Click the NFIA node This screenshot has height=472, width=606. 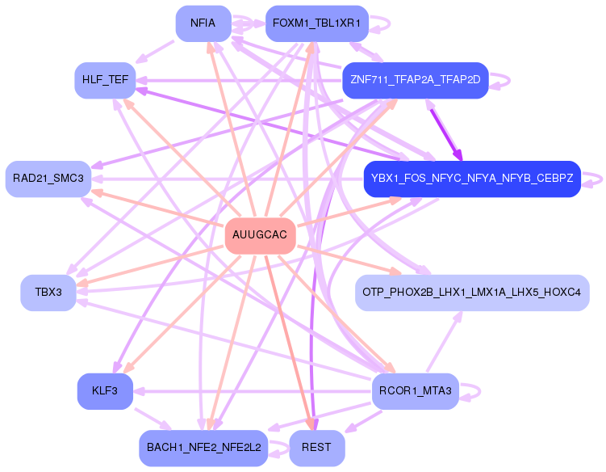click(203, 23)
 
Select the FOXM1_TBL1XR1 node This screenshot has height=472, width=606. click(316, 23)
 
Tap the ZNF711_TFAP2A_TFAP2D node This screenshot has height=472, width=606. click(416, 80)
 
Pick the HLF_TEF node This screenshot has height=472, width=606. click(105, 80)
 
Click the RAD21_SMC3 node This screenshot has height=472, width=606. click(48, 178)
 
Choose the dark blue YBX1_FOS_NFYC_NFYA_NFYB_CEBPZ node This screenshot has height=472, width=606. click(472, 178)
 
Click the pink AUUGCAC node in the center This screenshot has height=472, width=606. click(260, 235)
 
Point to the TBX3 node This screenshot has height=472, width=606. click(48, 292)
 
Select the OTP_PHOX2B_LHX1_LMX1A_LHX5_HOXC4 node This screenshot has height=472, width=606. click(472, 292)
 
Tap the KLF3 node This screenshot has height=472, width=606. click(105, 391)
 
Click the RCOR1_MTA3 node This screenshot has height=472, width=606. click(416, 391)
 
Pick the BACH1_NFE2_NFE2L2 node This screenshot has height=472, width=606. click(203, 448)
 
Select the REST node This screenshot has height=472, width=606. click(316, 448)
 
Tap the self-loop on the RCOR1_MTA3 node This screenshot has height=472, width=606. click(477, 392)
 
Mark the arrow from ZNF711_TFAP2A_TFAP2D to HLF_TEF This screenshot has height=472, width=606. click(242, 80)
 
